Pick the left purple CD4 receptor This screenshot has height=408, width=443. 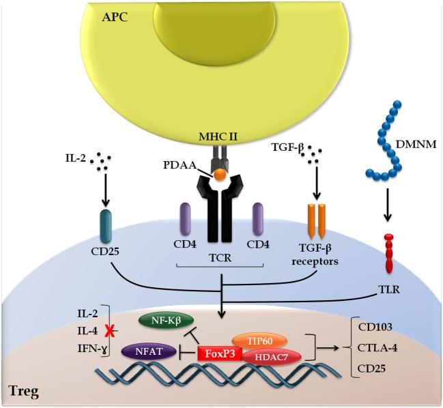coord(186,220)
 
